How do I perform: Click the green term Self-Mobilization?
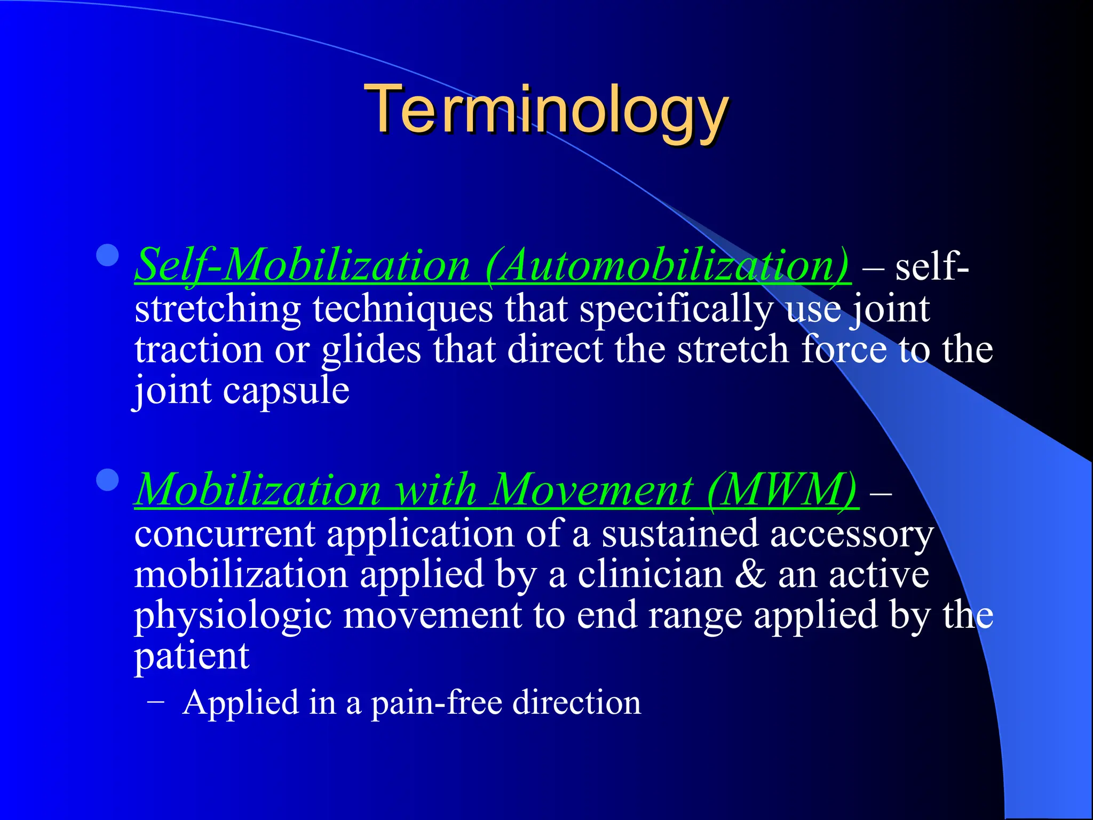[x=302, y=265]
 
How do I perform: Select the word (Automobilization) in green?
[x=667, y=265]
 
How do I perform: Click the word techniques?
[x=402, y=310]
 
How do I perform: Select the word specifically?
[x=676, y=310]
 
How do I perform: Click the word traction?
[x=199, y=350]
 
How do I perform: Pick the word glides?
[x=371, y=351]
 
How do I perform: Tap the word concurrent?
[x=224, y=534]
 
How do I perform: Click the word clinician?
[x=650, y=574]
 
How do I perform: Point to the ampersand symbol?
[x=750, y=574]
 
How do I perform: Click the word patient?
[x=191, y=657]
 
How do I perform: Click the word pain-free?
[x=437, y=703]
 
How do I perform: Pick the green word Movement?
[x=591, y=490]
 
